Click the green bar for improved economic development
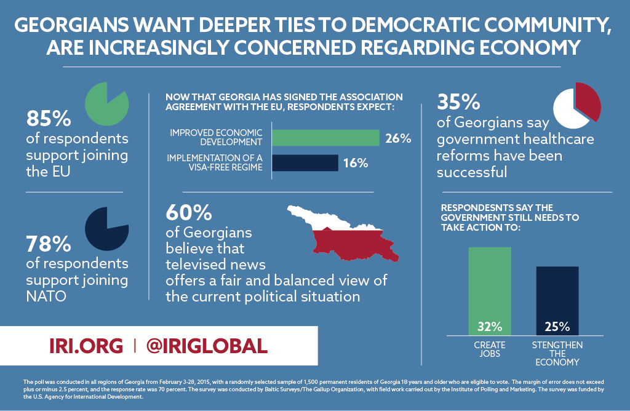(325, 138)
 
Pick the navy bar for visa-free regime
(305, 162)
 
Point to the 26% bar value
(398, 138)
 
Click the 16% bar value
(356, 163)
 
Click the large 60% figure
(188, 213)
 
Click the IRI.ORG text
(86, 346)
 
